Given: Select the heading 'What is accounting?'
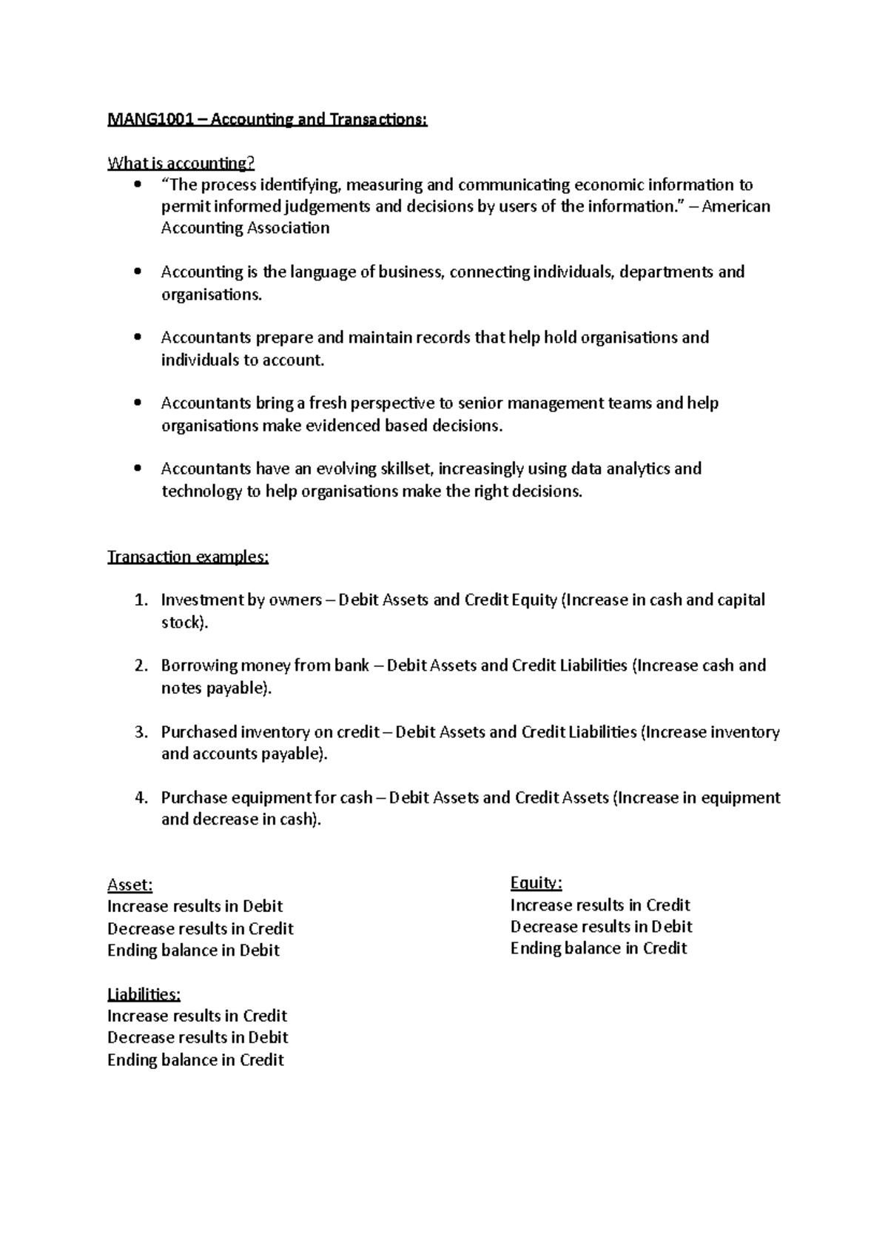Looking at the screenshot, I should pos(181,163).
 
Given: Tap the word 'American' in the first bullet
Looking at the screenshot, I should pos(736,206).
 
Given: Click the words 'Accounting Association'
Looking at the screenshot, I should pos(245,228).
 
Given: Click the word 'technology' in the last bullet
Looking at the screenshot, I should pos(201,491).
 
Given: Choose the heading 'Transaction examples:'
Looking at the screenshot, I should pos(188,557).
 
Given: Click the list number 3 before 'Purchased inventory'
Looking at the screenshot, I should pos(141,732).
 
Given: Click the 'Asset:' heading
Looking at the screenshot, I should pos(129,885).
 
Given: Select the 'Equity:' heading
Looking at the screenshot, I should pos(536,882).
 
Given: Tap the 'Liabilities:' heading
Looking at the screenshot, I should pos(144,993).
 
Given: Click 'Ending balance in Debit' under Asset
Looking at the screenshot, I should pos(193,951).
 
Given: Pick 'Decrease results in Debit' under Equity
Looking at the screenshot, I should pos(601,927).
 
